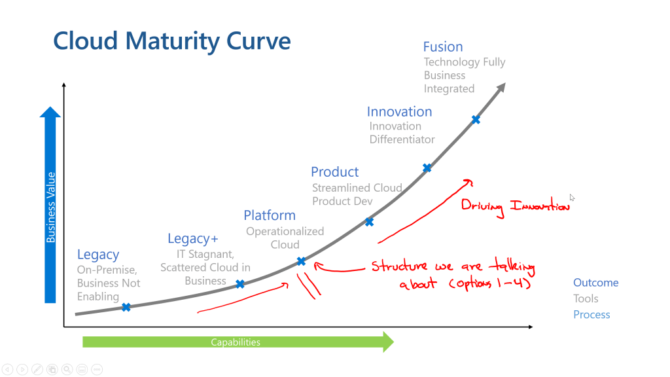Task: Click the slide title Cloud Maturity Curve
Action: (172, 41)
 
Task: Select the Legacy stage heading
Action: (98, 255)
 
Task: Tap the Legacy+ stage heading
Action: (193, 238)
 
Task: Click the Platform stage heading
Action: (270, 215)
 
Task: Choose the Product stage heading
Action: (334, 172)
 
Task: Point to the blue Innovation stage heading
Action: (400, 111)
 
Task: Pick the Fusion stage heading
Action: (443, 46)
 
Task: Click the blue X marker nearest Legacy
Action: (126, 307)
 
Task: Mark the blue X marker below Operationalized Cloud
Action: (301, 260)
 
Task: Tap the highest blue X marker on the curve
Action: (476, 120)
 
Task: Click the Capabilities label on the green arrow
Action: (236, 342)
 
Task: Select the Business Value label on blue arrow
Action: (51, 207)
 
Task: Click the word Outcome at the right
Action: (595, 283)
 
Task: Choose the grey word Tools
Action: (586, 298)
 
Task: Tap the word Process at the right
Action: (591, 315)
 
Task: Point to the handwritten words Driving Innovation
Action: (515, 206)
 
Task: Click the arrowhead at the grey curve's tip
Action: (501, 87)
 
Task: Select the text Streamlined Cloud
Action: (357, 188)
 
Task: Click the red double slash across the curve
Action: (309, 285)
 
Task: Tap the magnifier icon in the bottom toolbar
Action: (67, 369)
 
